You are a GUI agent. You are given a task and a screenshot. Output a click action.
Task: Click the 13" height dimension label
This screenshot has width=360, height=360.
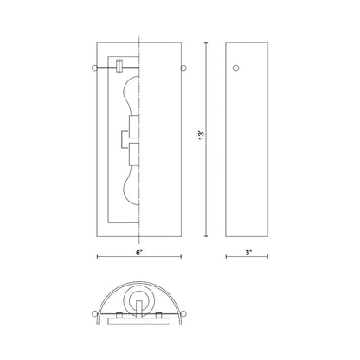[x=202, y=135]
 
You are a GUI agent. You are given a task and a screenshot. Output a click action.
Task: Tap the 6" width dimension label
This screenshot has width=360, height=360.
[x=139, y=253]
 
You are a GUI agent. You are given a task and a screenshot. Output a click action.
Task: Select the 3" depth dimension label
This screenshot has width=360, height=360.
[x=248, y=253]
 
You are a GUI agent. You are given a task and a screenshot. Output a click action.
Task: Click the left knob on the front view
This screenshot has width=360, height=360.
[x=94, y=68]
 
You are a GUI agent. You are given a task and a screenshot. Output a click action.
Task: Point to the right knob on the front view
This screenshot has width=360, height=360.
[x=183, y=68]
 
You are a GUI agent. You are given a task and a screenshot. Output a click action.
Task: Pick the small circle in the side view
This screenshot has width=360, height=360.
[x=236, y=68]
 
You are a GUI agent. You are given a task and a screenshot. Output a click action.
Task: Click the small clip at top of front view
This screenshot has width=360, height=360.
[x=119, y=66]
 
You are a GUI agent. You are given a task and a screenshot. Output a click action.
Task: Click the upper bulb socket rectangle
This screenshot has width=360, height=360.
[x=134, y=127]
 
